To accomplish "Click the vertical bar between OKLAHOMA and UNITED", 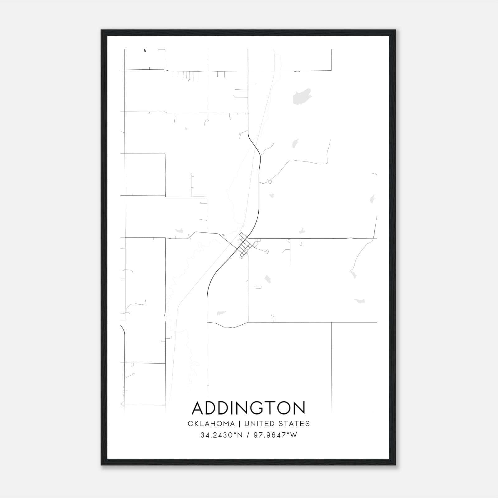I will pos(240,424).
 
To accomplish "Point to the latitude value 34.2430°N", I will pos(221,435).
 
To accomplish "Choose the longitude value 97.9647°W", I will pos(275,435).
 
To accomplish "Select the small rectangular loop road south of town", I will pos(258,287).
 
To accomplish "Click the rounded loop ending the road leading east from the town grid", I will pos(267,251).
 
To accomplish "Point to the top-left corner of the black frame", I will pos(101,30).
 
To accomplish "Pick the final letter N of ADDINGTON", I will pos(300,408).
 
